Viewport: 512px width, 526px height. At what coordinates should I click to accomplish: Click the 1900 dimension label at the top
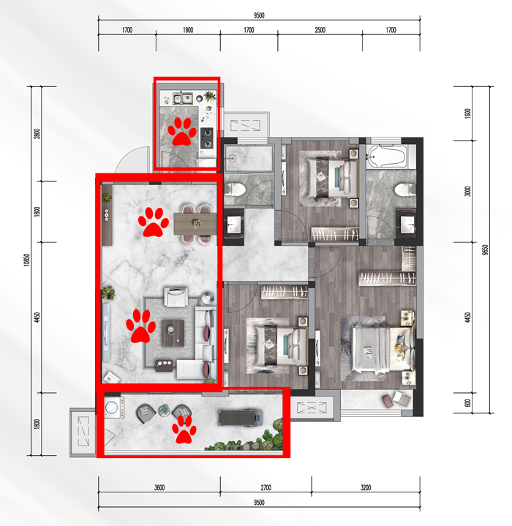point(188,30)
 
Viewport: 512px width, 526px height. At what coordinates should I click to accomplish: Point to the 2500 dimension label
point(320,30)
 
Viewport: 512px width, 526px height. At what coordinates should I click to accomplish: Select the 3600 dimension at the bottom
point(159,487)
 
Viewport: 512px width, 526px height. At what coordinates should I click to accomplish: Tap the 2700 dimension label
point(266,487)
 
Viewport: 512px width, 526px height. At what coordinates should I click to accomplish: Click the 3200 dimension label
point(366,487)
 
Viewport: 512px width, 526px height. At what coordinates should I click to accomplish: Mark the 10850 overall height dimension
point(27,260)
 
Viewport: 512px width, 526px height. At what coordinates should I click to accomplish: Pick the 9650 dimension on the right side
point(485,250)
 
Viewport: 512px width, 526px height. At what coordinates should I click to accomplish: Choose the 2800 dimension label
point(37,134)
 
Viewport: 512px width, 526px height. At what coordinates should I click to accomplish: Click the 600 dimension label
point(467,403)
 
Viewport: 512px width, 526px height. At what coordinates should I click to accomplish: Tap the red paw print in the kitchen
point(181,132)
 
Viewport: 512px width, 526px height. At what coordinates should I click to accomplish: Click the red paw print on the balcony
point(184,429)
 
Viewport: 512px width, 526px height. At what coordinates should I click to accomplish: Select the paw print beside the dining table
point(154,222)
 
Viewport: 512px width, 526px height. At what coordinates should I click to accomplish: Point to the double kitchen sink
point(182,98)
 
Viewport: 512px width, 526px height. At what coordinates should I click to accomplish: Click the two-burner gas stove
point(207,138)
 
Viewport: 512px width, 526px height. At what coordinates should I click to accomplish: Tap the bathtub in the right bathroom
point(387,157)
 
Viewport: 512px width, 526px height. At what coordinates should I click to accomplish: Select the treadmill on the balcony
point(239,417)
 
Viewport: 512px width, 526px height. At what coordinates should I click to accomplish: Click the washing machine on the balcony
point(113,407)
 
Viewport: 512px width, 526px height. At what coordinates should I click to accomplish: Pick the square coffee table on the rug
point(173,333)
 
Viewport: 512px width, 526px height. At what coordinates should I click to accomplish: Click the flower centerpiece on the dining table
point(196,222)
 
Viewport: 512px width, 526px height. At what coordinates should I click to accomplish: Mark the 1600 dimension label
point(467,113)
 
